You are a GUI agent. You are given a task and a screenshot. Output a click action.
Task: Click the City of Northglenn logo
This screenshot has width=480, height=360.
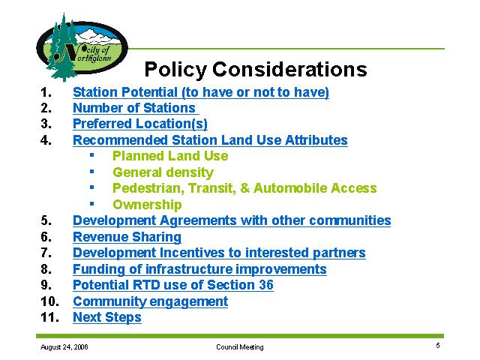pyautogui.click(x=82, y=47)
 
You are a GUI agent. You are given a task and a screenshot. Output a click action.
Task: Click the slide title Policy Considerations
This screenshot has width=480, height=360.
pyautogui.click(x=256, y=70)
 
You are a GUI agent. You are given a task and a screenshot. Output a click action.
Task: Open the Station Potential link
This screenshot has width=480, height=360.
pyautogui.click(x=201, y=92)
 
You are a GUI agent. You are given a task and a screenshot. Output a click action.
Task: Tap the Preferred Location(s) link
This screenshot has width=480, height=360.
pyautogui.click(x=140, y=124)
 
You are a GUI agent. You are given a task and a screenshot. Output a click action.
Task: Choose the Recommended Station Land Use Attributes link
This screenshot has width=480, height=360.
pyautogui.click(x=210, y=140)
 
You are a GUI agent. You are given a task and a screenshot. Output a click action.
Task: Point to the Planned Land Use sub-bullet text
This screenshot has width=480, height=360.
pyautogui.click(x=170, y=156)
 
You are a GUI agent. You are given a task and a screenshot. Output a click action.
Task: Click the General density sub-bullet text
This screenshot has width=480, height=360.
pyautogui.click(x=163, y=172)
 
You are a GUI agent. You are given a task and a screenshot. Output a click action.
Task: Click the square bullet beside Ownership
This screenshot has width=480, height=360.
pyautogui.click(x=91, y=203)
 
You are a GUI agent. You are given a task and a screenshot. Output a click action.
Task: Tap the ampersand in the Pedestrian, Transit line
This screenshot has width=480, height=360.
pyautogui.click(x=245, y=188)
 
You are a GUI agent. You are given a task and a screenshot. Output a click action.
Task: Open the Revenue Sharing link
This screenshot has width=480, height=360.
pyautogui.click(x=127, y=237)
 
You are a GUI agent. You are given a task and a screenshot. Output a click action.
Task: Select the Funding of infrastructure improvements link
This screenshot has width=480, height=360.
pyautogui.click(x=199, y=269)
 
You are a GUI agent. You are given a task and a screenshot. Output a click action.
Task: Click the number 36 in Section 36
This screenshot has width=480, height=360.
pyautogui.click(x=266, y=285)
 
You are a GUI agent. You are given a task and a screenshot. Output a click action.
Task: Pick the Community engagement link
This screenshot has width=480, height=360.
pyautogui.click(x=150, y=301)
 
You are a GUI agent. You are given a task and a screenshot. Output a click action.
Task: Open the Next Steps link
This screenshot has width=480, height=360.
pyautogui.click(x=107, y=317)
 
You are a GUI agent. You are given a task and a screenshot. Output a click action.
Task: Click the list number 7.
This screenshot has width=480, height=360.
pyautogui.click(x=46, y=253)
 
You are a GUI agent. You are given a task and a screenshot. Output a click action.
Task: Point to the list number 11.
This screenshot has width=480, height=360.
pyautogui.click(x=49, y=317)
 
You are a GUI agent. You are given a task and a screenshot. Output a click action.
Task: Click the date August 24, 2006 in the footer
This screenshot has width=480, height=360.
pyautogui.click(x=64, y=347)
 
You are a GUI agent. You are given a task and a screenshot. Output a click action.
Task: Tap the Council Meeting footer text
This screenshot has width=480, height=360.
pyautogui.click(x=240, y=347)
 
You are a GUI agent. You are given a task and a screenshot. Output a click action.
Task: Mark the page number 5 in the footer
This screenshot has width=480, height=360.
pyautogui.click(x=438, y=346)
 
